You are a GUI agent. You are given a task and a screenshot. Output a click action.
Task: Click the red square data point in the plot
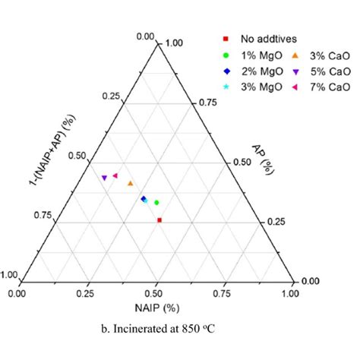pyautogui.click(x=159, y=220)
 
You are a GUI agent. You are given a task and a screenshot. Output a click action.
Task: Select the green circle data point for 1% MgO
pyautogui.click(x=156, y=203)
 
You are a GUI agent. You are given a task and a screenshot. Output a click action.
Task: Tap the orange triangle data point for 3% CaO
pyautogui.click(x=131, y=183)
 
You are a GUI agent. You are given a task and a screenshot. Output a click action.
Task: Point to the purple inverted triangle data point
pyautogui.click(x=105, y=178)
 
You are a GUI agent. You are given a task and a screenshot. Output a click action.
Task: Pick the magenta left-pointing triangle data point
pyautogui.click(x=115, y=175)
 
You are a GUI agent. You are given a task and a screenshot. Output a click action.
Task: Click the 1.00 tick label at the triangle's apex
pyautogui.click(x=174, y=43)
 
